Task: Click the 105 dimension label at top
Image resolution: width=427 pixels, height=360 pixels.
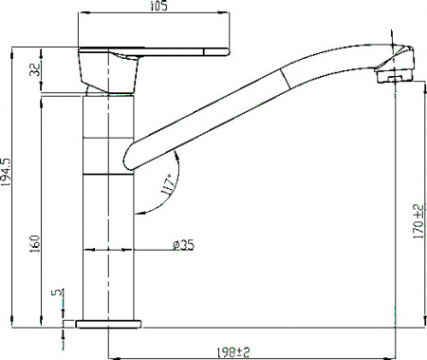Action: (x=158, y=8)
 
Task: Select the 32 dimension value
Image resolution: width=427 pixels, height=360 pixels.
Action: (x=36, y=70)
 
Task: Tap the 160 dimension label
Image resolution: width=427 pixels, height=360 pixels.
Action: (x=36, y=243)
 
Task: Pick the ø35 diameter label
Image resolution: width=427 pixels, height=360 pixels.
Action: (x=183, y=245)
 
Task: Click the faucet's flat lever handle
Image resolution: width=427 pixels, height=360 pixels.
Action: (x=157, y=51)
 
